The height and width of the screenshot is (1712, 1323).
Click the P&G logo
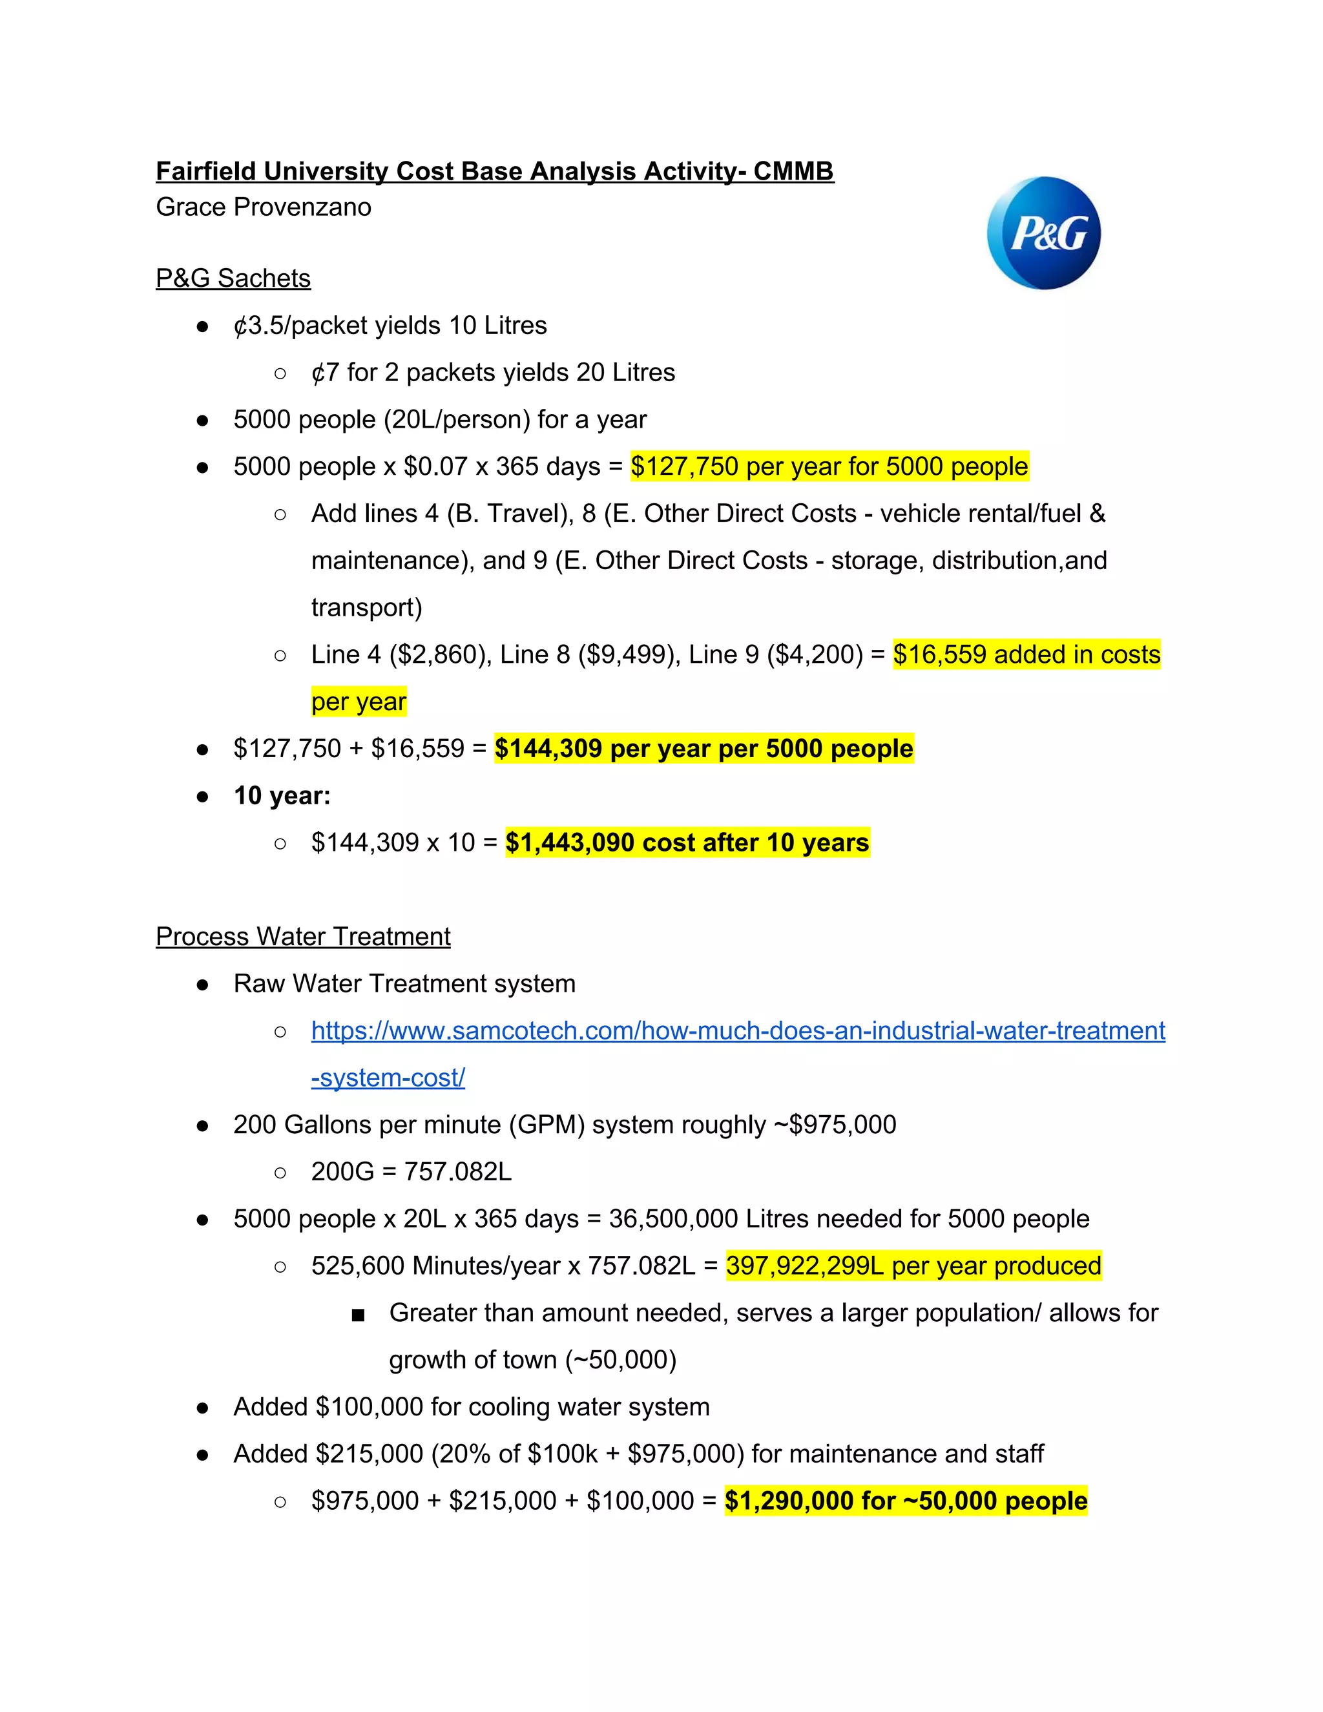pos(1043,233)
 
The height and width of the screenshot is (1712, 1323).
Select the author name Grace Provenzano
pos(264,207)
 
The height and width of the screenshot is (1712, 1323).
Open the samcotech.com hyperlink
pos(736,1031)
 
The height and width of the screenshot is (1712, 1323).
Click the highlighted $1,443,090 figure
pos(569,842)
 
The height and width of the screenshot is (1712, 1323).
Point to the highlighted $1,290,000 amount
pos(789,1501)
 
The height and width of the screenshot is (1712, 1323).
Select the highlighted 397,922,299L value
pos(804,1266)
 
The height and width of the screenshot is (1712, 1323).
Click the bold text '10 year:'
pos(282,796)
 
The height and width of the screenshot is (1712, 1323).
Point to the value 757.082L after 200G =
pos(458,1172)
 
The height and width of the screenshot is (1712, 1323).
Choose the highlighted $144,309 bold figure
pos(548,749)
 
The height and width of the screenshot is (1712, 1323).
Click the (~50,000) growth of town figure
pos(632,1360)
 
